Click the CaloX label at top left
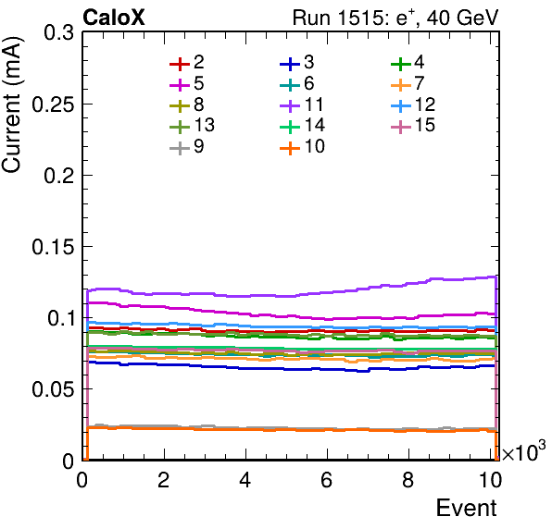(114, 18)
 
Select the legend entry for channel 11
(302, 105)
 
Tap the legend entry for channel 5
(186, 83)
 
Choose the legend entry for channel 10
(302, 146)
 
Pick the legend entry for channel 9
(186, 146)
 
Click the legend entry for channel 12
(413, 105)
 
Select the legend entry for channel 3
(296, 63)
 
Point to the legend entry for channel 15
(413, 125)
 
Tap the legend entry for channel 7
(408, 83)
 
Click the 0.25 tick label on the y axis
(53, 104)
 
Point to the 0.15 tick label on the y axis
(53, 247)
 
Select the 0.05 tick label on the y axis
(53, 389)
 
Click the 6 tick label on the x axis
(327, 480)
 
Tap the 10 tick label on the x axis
(490, 480)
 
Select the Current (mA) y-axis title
(11, 105)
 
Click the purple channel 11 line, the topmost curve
(292, 296)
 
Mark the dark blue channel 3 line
(292, 369)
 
